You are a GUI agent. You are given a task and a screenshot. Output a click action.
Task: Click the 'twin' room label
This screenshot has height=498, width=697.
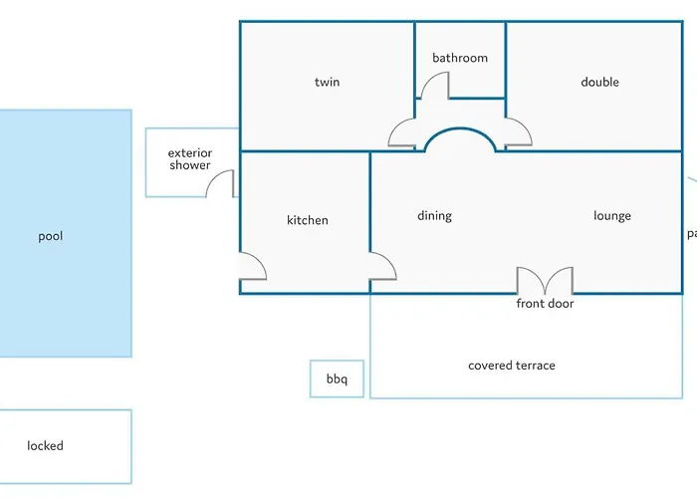[327, 82]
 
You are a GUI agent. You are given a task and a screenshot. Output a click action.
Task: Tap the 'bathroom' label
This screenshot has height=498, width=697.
[460, 58]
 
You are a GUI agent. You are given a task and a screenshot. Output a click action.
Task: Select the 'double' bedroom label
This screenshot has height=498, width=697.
[599, 82]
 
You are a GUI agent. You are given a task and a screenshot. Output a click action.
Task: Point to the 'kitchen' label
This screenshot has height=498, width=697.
[307, 220]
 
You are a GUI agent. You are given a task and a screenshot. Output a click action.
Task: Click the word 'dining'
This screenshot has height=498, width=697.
[434, 216]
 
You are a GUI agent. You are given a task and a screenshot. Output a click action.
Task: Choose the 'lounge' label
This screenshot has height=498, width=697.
[611, 216]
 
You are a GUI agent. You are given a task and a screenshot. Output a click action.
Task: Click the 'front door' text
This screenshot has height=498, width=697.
[545, 304]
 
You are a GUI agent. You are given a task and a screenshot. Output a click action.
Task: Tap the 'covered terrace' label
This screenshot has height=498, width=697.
[512, 366]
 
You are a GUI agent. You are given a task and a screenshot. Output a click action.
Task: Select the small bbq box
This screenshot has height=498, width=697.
[337, 379]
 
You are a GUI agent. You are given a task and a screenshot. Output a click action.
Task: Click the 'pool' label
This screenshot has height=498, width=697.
[50, 236]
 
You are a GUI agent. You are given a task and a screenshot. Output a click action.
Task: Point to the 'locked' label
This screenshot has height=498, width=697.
[45, 446]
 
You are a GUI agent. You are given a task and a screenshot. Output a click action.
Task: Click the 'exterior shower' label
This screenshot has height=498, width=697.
[189, 159]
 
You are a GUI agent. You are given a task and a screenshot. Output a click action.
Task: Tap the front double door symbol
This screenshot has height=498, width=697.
[545, 280]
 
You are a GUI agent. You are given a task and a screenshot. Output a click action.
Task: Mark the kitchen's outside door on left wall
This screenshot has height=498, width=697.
[253, 265]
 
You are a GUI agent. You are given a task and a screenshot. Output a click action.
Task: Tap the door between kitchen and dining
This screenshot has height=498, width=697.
[383, 265]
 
